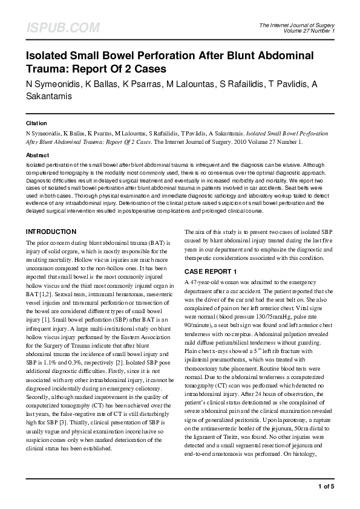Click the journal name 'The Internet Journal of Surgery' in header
(301, 25)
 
